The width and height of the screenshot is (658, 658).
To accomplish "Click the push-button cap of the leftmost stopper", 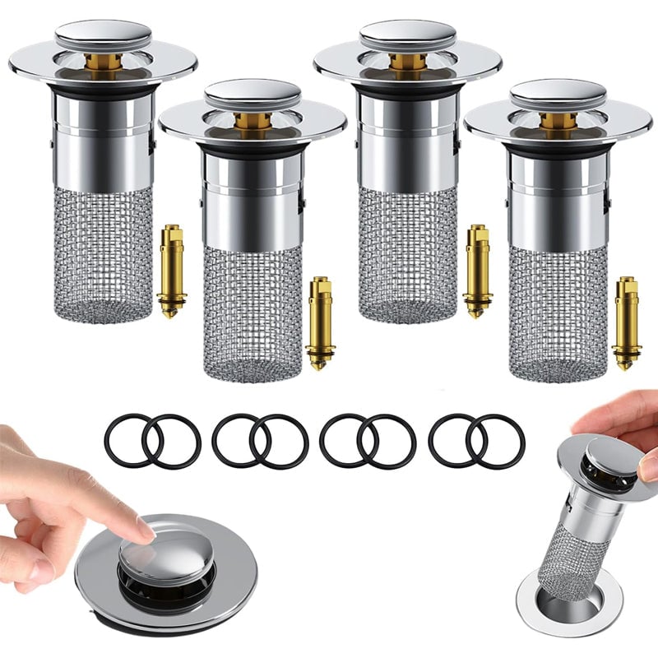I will [103, 34].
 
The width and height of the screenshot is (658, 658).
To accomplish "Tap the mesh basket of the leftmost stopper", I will [103, 255].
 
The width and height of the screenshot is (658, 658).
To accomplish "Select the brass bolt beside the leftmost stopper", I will [171, 271].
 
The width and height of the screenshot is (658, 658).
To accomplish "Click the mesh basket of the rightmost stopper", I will [558, 313].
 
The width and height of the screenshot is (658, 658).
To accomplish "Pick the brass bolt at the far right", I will [627, 323].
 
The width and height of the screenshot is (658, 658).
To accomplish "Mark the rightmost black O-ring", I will [495, 441].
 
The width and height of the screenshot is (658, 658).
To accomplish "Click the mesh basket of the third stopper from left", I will [408, 255].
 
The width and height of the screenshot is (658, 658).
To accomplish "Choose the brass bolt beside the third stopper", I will [477, 271].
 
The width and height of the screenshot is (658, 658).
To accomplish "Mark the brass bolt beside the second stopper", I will [321, 323].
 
